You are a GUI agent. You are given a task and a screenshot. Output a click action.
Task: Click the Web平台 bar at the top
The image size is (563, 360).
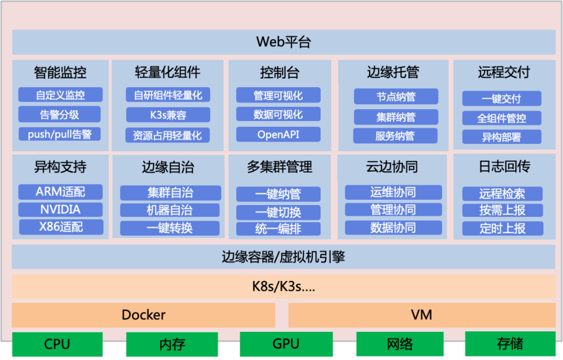click(284, 42)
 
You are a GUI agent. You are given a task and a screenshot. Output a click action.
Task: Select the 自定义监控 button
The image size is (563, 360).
click(60, 95)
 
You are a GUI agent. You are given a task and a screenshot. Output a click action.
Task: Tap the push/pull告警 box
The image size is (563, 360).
click(60, 134)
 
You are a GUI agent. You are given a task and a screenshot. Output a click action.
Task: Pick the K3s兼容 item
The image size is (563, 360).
click(168, 115)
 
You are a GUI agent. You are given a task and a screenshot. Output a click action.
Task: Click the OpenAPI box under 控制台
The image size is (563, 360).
click(278, 134)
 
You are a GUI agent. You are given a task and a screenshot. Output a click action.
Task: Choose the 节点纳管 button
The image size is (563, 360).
click(396, 97)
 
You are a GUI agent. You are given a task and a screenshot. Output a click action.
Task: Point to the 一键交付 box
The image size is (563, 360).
click(501, 99)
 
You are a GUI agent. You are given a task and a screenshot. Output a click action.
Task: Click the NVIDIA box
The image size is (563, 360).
click(60, 210)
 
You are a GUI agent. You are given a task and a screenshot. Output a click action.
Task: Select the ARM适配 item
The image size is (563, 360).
click(60, 192)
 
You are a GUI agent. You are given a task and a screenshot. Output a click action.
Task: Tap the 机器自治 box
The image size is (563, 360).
click(170, 210)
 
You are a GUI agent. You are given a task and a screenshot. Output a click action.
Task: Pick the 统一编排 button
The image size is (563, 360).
click(278, 229)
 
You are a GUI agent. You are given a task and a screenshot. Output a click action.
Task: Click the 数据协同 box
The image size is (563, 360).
click(393, 227)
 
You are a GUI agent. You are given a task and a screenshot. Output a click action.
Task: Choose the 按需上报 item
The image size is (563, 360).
click(503, 210)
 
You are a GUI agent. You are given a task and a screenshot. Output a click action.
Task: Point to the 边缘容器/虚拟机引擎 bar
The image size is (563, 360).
click(284, 257)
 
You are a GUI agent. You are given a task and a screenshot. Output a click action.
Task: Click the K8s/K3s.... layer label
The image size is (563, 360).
click(284, 286)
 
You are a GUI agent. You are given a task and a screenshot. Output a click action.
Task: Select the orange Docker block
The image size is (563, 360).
click(143, 315)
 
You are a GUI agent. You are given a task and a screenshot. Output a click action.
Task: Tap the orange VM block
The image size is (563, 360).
click(422, 315)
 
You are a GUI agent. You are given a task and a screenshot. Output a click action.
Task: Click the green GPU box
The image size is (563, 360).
click(286, 344)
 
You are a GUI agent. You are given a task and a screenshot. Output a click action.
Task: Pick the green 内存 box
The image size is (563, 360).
click(172, 344)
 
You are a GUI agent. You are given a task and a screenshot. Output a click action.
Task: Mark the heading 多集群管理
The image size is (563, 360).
click(279, 167)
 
